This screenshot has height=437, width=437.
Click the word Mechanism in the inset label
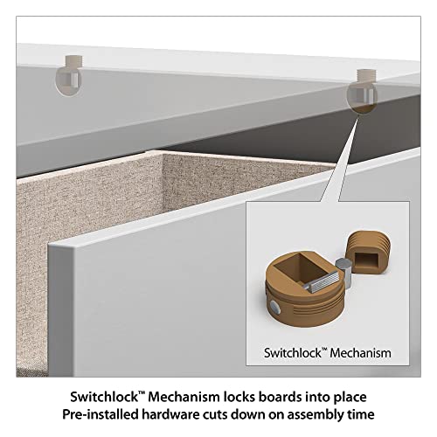pyautogui.click(x=360, y=353)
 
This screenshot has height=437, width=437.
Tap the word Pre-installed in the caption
pyautogui.click(x=101, y=414)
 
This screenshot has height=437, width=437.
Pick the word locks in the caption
pyautogui.click(x=239, y=397)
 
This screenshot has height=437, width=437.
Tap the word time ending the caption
pyautogui.click(x=361, y=414)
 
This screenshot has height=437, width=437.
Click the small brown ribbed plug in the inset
pyautogui.click(x=368, y=253)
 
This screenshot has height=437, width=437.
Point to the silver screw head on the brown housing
pyautogui.click(x=274, y=308)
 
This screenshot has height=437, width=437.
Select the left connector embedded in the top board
pyautogui.click(x=69, y=75)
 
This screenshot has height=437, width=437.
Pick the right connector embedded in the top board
pyautogui.click(x=362, y=91)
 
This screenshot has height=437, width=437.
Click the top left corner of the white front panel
pyautogui.click(x=49, y=246)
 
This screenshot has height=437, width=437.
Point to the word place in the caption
pyautogui.click(x=351, y=398)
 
